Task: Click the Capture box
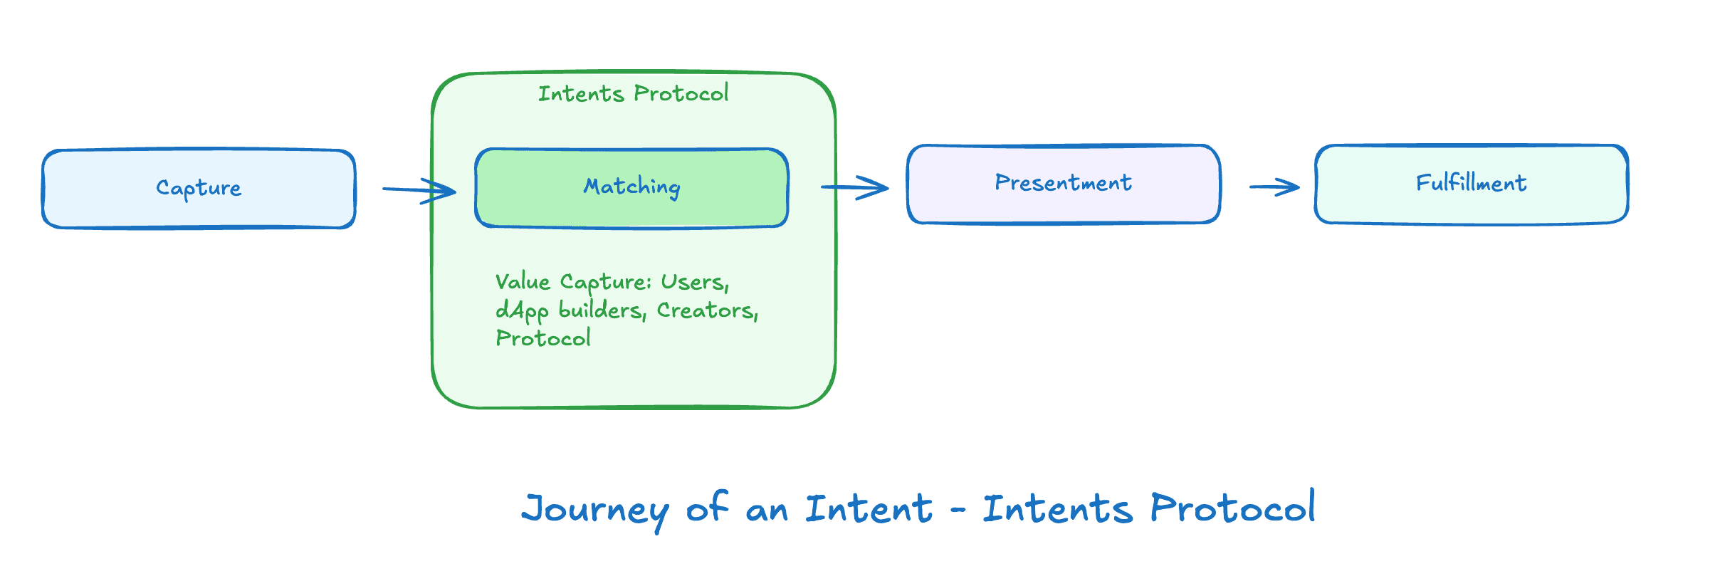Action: [199, 189]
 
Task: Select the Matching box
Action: [631, 188]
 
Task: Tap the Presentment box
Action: [1064, 184]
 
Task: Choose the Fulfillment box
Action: [1471, 184]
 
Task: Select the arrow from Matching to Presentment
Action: [854, 187]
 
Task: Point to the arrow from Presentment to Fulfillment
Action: [1274, 187]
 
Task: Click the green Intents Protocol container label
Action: [633, 94]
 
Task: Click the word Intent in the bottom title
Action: [869, 508]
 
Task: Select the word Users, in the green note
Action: [695, 283]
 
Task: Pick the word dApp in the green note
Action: [522, 311]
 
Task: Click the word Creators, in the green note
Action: [708, 311]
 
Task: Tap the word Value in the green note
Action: [523, 282]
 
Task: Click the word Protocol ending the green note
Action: [543, 338]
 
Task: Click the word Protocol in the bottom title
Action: [1232, 508]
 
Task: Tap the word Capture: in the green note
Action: [606, 283]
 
